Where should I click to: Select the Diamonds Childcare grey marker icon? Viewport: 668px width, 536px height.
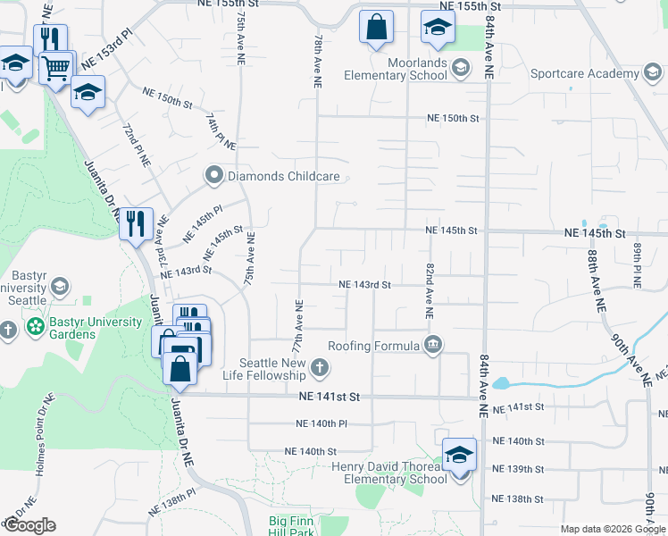coord(213,176)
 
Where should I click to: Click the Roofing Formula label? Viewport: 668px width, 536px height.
coord(373,346)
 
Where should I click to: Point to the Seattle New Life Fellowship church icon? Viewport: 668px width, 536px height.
coord(319,367)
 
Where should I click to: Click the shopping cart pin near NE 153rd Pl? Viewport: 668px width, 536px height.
coord(55,67)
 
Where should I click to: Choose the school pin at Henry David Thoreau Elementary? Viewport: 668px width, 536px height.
coord(459,456)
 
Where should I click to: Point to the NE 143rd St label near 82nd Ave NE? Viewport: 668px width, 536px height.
coord(364,285)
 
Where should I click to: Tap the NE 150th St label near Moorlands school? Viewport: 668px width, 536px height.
coord(453,118)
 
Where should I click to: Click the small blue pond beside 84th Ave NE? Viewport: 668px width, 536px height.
coord(500,384)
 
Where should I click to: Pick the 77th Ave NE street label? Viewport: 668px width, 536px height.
coord(300,327)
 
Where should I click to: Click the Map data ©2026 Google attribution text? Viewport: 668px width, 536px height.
coord(613,529)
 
